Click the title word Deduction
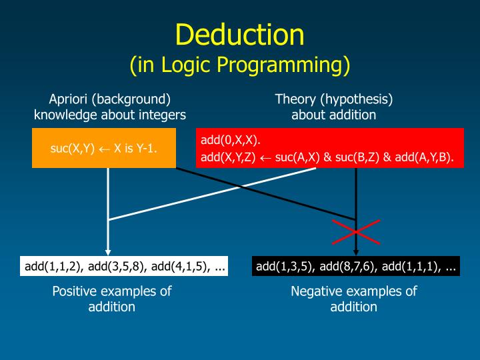pos(240,34)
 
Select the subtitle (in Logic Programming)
pos(240,65)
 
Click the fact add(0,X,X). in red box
pos(231,141)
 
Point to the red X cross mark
pos(356,231)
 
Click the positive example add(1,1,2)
pos(53,267)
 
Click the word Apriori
pos(69,99)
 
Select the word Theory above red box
pos(295,99)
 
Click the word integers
pos(161,115)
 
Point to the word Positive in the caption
pos(76,291)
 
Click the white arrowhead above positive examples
pos(108,250)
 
